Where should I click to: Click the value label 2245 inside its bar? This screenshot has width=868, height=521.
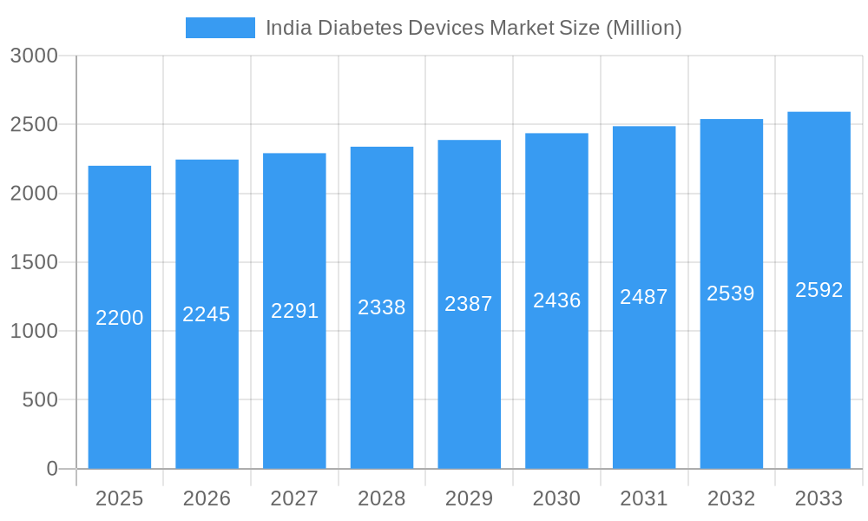(207, 314)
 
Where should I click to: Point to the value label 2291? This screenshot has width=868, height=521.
(294, 311)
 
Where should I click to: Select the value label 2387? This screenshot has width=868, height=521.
(469, 304)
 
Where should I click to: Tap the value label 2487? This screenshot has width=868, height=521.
(643, 297)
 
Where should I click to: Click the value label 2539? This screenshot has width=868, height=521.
(731, 293)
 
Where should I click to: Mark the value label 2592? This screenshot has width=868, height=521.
(819, 290)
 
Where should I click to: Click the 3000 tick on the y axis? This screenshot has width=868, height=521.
(34, 56)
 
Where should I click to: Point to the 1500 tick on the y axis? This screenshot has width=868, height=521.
(34, 262)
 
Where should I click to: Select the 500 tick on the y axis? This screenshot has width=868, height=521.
(40, 400)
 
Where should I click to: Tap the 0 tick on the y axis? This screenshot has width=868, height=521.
(52, 469)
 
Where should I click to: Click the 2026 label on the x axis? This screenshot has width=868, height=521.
(207, 498)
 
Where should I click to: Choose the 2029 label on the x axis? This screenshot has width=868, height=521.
(469, 498)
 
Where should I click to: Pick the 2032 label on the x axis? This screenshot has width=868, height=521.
(731, 498)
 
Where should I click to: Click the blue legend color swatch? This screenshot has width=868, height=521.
(220, 28)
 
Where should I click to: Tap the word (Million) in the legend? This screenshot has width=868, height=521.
(643, 28)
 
